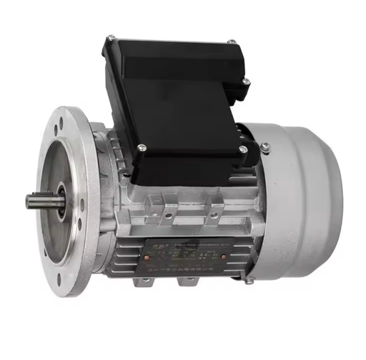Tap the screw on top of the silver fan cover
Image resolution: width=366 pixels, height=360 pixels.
[x=264, y=147]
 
